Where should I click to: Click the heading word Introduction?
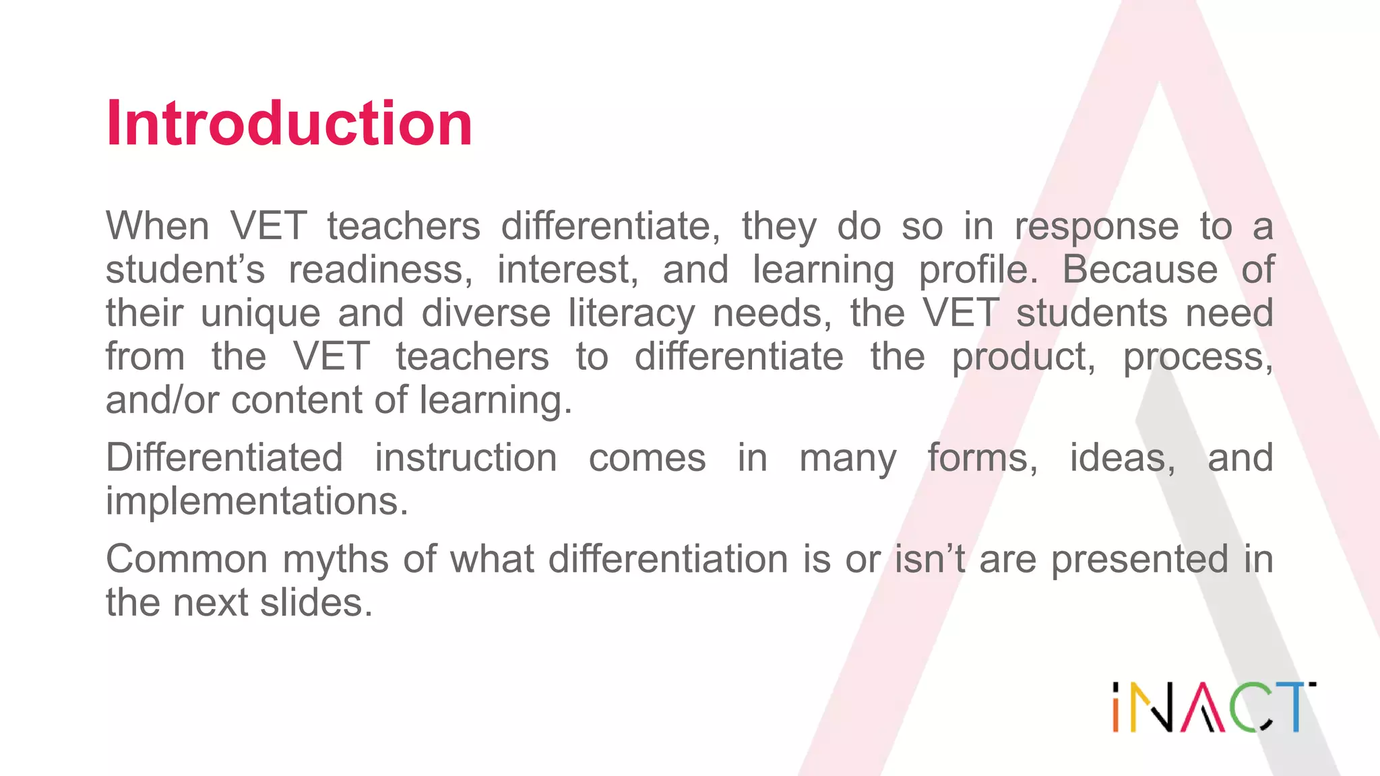pos(289,123)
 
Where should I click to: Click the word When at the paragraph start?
pos(157,226)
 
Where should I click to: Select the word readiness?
pos(380,269)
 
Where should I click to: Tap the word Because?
pos(1140,269)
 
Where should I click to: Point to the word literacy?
pos(631,313)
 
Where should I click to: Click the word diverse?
pos(486,313)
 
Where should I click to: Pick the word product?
pos(1023,357)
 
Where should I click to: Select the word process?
pos(1197,357)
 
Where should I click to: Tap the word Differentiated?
pos(224,458)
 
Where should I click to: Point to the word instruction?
pos(466,458)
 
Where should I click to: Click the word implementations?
pos(257,501)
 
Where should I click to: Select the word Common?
pos(187,559)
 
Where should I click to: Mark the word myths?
pos(335,559)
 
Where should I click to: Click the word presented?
pos(1139,559)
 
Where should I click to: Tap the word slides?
pos(316,602)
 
